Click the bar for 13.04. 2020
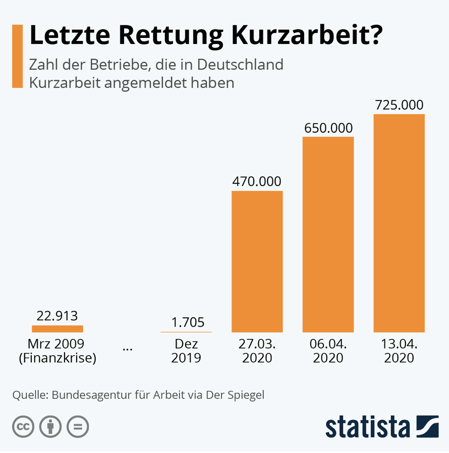coord(399,223)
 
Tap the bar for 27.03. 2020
coord(257,261)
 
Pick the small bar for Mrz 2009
coord(57,328)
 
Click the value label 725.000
coord(399,105)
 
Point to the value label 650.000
coord(328,128)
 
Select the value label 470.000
coord(257,181)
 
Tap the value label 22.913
coord(57,316)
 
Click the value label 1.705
coord(187,322)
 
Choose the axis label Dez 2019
coord(186,351)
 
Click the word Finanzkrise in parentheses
coord(57,359)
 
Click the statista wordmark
coord(367,427)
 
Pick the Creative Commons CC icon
coord(23,427)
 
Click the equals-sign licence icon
coord(78,427)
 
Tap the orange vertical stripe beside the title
coord(17,56)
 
